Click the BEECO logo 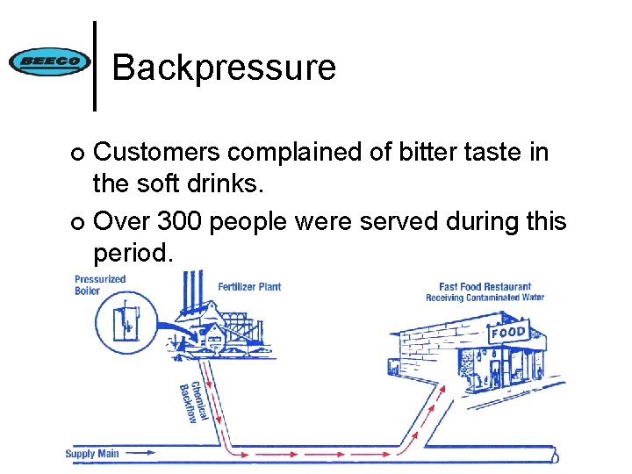click(x=48, y=61)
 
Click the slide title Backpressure click(x=224, y=67)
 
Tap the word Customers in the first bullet click(x=157, y=153)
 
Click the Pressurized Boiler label click(x=99, y=285)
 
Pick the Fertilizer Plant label click(x=249, y=287)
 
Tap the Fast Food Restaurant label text click(x=485, y=286)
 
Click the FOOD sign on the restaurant click(x=508, y=333)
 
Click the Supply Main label click(x=91, y=454)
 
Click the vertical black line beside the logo click(x=95, y=66)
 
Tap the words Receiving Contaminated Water click(x=485, y=298)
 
